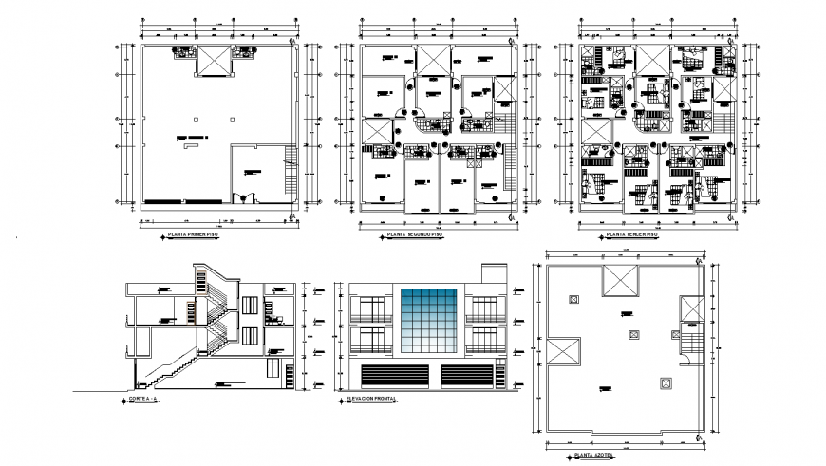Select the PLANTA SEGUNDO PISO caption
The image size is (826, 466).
coord(414,233)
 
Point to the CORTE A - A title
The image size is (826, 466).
coord(142,401)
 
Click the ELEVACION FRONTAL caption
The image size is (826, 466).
coord(371,400)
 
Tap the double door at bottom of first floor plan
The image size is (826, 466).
coord(247,197)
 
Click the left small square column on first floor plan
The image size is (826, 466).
coord(194,120)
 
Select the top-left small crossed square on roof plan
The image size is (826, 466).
coord(573,299)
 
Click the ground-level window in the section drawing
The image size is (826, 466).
coord(274,372)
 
